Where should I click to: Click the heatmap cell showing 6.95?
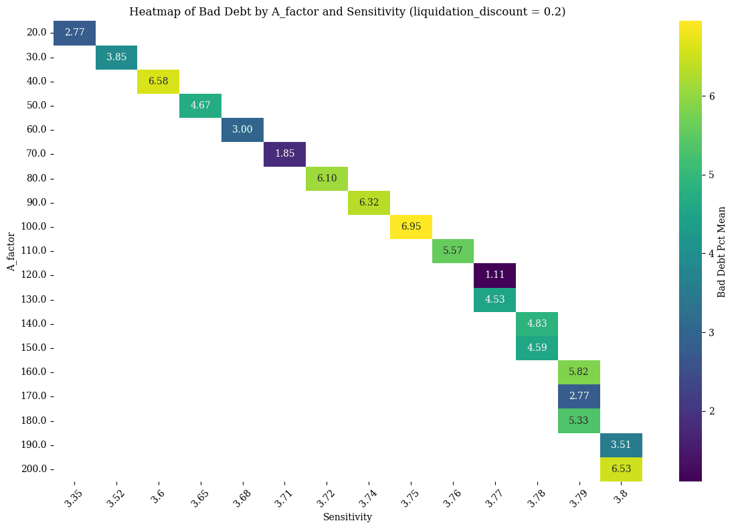[x=411, y=226]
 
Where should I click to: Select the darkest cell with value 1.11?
[x=494, y=275]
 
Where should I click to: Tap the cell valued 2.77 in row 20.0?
[x=74, y=33]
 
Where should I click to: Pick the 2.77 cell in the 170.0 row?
[x=579, y=396]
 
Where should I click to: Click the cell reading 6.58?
[x=158, y=81]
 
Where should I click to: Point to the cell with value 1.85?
[x=284, y=154]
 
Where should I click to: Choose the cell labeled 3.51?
[x=621, y=445]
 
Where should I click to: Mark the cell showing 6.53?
[x=621, y=469]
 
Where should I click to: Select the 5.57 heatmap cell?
[x=453, y=251]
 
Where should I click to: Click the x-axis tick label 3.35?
[x=74, y=498]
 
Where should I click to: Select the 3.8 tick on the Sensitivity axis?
[x=621, y=497]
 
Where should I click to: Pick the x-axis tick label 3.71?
[x=284, y=498]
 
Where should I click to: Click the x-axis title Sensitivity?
[x=347, y=517]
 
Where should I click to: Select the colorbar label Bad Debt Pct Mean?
[x=721, y=251]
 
